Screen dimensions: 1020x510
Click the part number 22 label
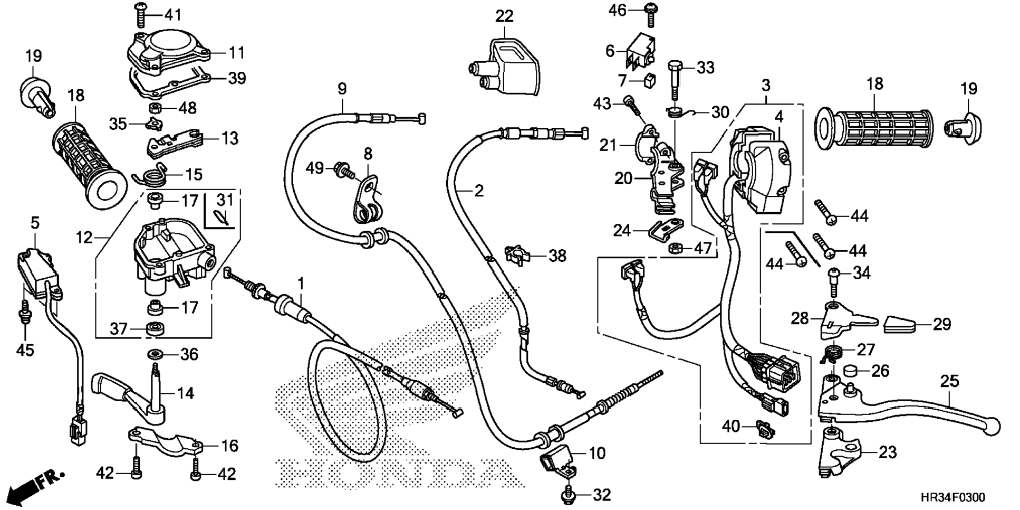tap(504, 16)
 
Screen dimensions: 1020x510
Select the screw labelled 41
tap(141, 15)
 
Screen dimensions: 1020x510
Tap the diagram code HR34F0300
tap(952, 497)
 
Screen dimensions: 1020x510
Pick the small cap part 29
tap(902, 324)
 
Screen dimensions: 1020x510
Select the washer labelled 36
tap(155, 353)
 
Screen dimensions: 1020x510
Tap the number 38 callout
tap(557, 256)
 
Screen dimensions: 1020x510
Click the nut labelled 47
tap(675, 247)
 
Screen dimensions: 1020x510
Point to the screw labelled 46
tap(650, 14)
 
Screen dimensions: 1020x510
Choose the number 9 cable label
tap(342, 89)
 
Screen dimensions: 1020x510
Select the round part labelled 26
tap(850, 370)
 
